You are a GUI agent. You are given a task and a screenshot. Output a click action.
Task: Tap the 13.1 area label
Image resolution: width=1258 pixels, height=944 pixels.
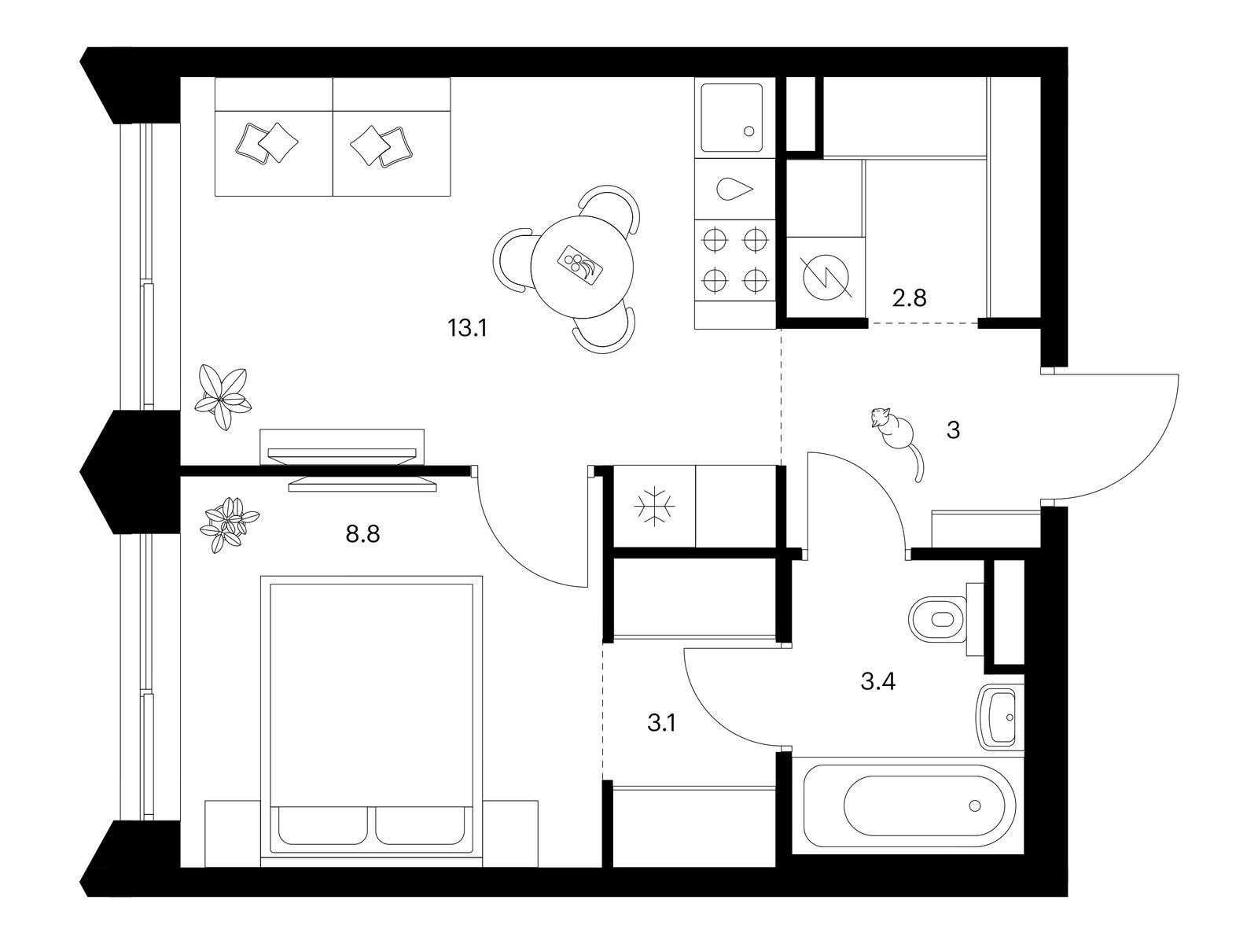tap(467, 328)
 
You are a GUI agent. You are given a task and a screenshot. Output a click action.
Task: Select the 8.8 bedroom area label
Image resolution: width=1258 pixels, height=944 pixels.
tap(362, 534)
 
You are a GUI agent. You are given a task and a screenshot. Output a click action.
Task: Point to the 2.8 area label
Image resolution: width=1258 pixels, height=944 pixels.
tap(910, 298)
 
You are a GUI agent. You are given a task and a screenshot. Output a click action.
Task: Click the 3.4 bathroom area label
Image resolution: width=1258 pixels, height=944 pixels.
tap(878, 681)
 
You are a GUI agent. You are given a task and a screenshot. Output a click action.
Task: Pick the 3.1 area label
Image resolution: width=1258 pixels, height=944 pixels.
tap(662, 723)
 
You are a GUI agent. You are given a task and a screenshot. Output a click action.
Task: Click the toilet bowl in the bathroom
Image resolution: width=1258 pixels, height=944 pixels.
tap(938, 620)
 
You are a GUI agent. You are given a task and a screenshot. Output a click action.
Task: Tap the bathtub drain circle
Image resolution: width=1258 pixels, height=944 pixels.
tap(975, 806)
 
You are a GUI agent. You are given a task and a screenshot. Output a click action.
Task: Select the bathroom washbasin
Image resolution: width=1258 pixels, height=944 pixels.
tap(999, 717)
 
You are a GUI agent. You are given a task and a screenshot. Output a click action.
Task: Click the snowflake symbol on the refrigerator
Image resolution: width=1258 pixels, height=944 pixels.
tap(654, 507)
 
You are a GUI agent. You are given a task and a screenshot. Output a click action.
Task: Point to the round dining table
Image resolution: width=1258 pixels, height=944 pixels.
tap(583, 267)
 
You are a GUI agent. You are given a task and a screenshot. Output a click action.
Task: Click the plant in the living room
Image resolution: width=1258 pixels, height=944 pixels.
tap(223, 396)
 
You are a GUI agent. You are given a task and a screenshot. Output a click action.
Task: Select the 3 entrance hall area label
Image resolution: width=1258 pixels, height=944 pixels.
tap(953, 430)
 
